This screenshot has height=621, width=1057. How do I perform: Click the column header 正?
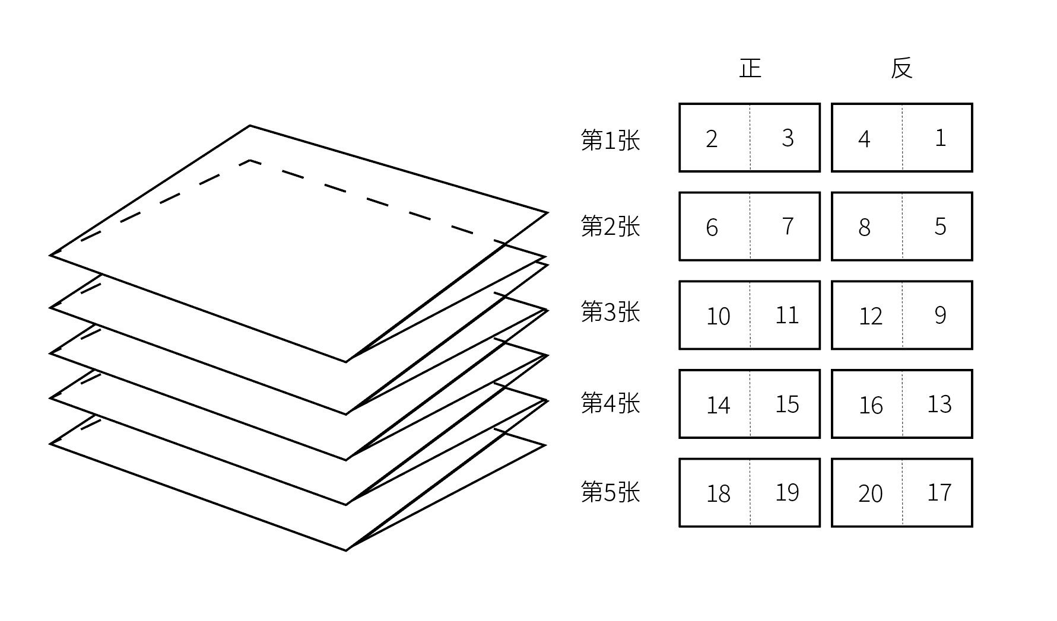tap(750, 68)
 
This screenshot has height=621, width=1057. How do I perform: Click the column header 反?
tap(901, 68)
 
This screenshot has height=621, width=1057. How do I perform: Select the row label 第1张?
tap(610, 141)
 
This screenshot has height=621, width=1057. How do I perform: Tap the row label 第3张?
tap(610, 312)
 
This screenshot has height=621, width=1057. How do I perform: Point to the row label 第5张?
tap(610, 492)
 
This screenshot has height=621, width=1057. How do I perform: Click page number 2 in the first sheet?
tap(712, 139)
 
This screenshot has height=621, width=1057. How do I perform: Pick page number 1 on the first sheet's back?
tap(940, 138)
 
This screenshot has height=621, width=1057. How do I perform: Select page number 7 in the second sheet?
tap(788, 227)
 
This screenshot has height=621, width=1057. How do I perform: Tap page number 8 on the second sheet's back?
tap(864, 228)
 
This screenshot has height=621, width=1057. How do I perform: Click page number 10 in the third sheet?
tap(718, 317)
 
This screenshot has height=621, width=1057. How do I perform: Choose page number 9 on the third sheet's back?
tap(940, 316)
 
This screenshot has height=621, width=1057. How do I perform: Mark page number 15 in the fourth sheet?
tap(787, 405)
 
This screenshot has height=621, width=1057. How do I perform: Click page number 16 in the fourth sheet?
tap(871, 406)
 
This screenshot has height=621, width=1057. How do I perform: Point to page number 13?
tap(939, 405)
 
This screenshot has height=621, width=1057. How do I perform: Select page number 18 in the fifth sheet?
tap(718, 494)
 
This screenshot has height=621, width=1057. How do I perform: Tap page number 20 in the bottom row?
tap(871, 494)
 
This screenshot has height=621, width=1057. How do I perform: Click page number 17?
tap(939, 493)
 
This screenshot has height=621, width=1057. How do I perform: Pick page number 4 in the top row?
tap(864, 139)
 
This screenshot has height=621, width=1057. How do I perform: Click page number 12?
tap(871, 317)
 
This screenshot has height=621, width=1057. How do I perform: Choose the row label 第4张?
tap(610, 403)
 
